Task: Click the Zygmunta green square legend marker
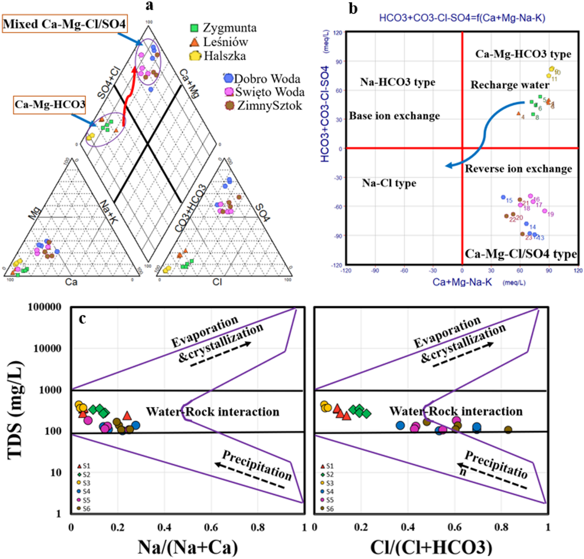point(194,28)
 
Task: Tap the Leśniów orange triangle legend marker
point(194,42)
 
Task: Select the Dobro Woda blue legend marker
point(228,78)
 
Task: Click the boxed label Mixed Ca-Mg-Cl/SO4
point(65,24)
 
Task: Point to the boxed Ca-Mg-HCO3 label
point(50,105)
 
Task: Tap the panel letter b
point(353,9)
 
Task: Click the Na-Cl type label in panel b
point(389,183)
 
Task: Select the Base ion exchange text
point(394,116)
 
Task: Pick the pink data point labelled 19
point(544,211)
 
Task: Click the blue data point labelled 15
point(503,197)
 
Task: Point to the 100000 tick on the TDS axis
point(44,307)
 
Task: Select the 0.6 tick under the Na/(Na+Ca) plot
point(211,528)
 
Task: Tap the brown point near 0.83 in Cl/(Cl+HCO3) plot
point(508,430)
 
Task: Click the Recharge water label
point(510,85)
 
